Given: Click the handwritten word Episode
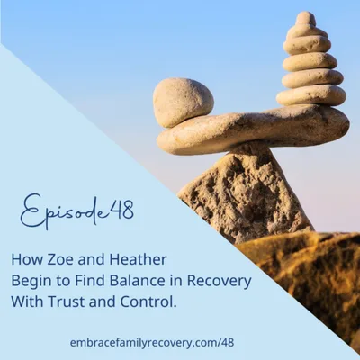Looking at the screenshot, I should [55, 213].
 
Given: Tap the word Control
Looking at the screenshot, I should [177, 301].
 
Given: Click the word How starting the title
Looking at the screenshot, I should [25, 257].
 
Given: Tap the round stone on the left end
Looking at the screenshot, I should [183, 101].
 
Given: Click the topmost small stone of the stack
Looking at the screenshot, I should [306, 19].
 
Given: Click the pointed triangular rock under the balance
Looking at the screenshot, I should [243, 193].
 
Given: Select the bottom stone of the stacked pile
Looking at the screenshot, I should [311, 95].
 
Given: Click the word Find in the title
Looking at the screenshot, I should [89, 279].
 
